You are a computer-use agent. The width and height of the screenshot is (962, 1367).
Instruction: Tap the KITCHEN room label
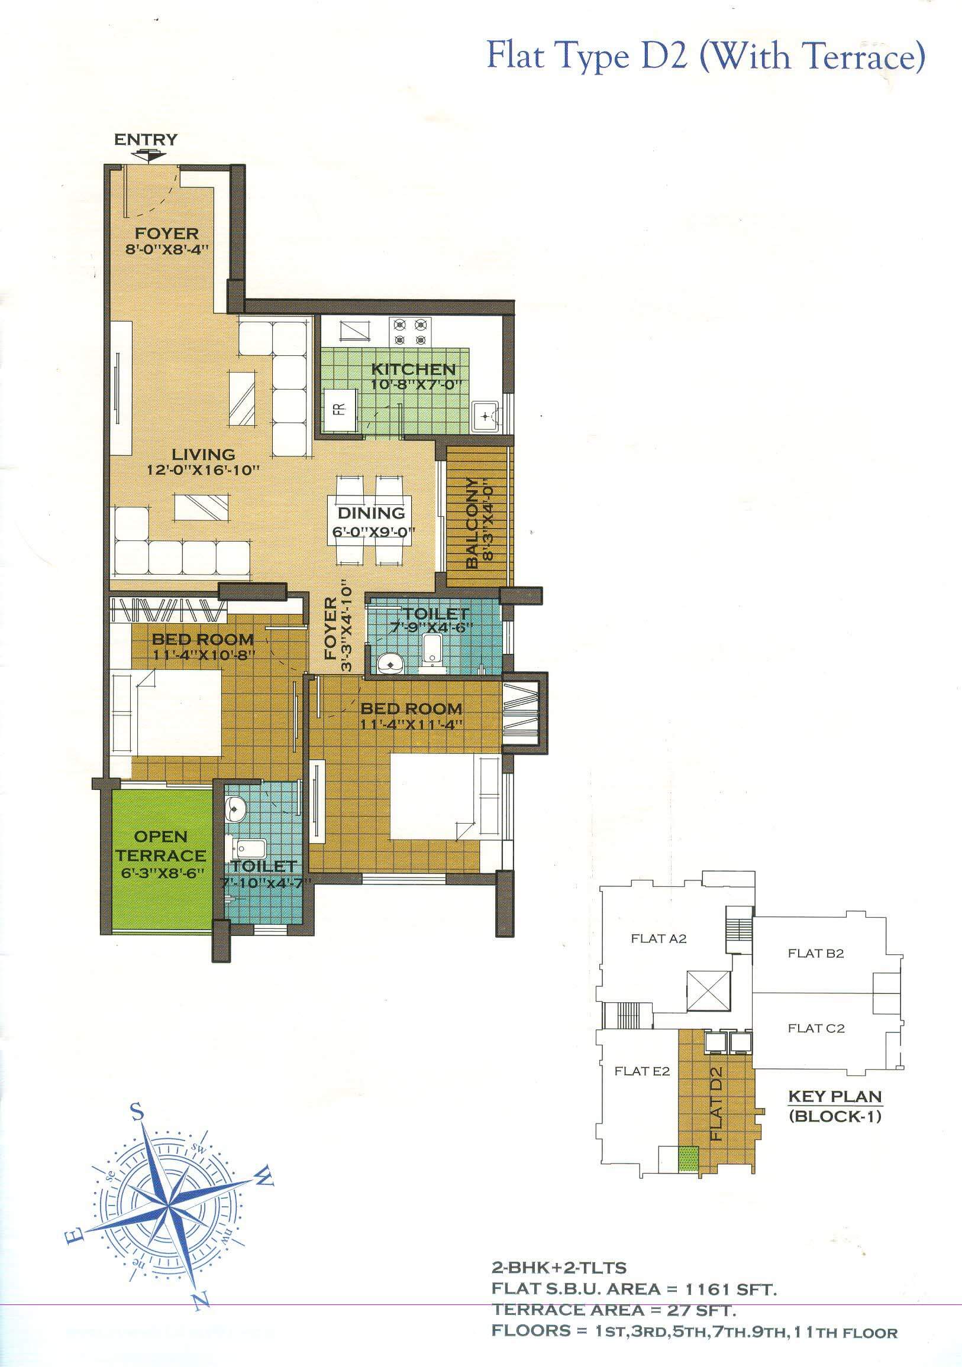pos(414,369)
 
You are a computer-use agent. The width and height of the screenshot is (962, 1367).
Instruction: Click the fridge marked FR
pos(340,410)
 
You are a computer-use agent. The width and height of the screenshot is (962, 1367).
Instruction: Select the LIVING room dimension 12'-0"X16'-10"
pos(204,469)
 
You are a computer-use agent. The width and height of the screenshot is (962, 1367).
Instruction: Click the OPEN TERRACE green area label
pos(161,846)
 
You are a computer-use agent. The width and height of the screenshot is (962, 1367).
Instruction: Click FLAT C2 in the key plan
pos(816,1028)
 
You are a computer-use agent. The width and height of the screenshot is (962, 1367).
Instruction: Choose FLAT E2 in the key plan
pos(642,1071)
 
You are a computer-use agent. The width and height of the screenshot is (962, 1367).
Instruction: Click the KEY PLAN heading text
pos(835,1096)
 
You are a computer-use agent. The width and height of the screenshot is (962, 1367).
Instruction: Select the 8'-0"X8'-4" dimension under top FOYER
pos(166,249)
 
